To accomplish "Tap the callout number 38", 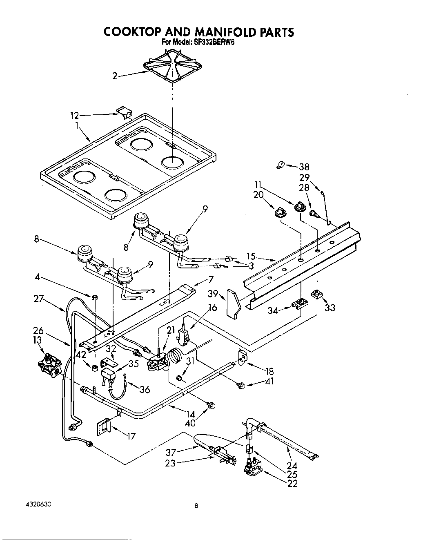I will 304,167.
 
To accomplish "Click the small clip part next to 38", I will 280,165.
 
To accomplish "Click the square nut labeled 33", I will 316,294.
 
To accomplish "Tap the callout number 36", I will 145,389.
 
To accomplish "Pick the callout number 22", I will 292,484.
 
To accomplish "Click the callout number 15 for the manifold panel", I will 251,256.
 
